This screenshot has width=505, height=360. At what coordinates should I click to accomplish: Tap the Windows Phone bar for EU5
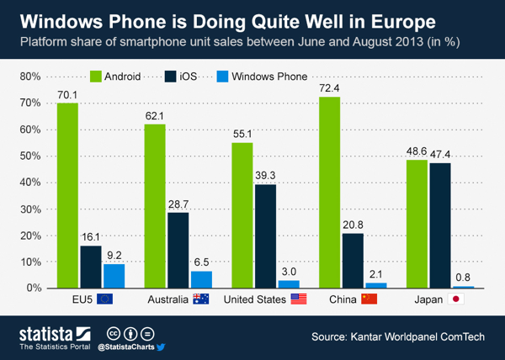[x=114, y=276]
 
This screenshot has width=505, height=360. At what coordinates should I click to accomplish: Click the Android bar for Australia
[x=154, y=206]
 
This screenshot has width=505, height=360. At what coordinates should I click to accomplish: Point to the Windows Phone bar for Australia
[x=200, y=279]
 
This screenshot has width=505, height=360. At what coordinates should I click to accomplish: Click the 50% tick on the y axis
[x=31, y=156]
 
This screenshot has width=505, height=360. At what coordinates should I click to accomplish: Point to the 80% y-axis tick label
[x=31, y=77]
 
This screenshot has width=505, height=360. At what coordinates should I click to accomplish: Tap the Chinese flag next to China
[x=368, y=299]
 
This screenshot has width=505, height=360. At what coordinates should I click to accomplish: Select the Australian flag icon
[x=200, y=299]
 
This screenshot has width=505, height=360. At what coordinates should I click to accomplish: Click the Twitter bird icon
[x=162, y=346]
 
